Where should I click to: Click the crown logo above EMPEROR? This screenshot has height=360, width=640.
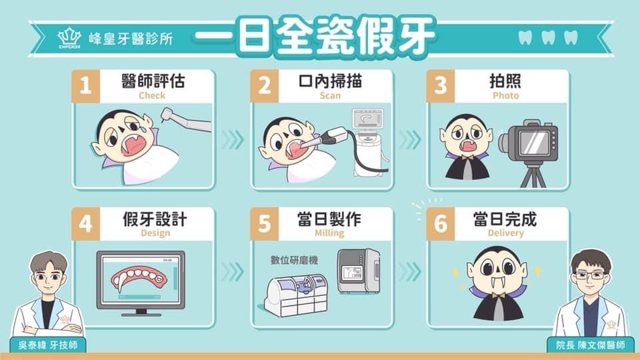coord(69,36)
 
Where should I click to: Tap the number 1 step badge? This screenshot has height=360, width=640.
coord(86,86)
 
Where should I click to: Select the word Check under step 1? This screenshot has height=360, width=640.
coord(152,95)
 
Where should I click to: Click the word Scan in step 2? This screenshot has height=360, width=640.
coord(330,95)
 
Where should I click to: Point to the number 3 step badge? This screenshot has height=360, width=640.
coord(441,86)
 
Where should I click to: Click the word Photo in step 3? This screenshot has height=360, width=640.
coord(506,95)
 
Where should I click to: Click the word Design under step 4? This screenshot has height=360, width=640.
coord(155,233)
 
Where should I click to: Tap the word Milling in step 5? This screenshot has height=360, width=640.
coord(329,233)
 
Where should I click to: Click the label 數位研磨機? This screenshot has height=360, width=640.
coord(294,261)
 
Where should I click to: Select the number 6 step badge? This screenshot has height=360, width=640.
coord(441,224)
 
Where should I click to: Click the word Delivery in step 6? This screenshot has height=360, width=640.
coord(506,233)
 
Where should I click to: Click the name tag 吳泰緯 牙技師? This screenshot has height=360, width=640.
coord(48,345)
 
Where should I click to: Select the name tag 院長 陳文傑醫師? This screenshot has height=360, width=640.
coord(590,345)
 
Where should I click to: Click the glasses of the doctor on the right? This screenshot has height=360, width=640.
coord(590,275)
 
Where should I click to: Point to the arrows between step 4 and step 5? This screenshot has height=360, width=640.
coord(233,272)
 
